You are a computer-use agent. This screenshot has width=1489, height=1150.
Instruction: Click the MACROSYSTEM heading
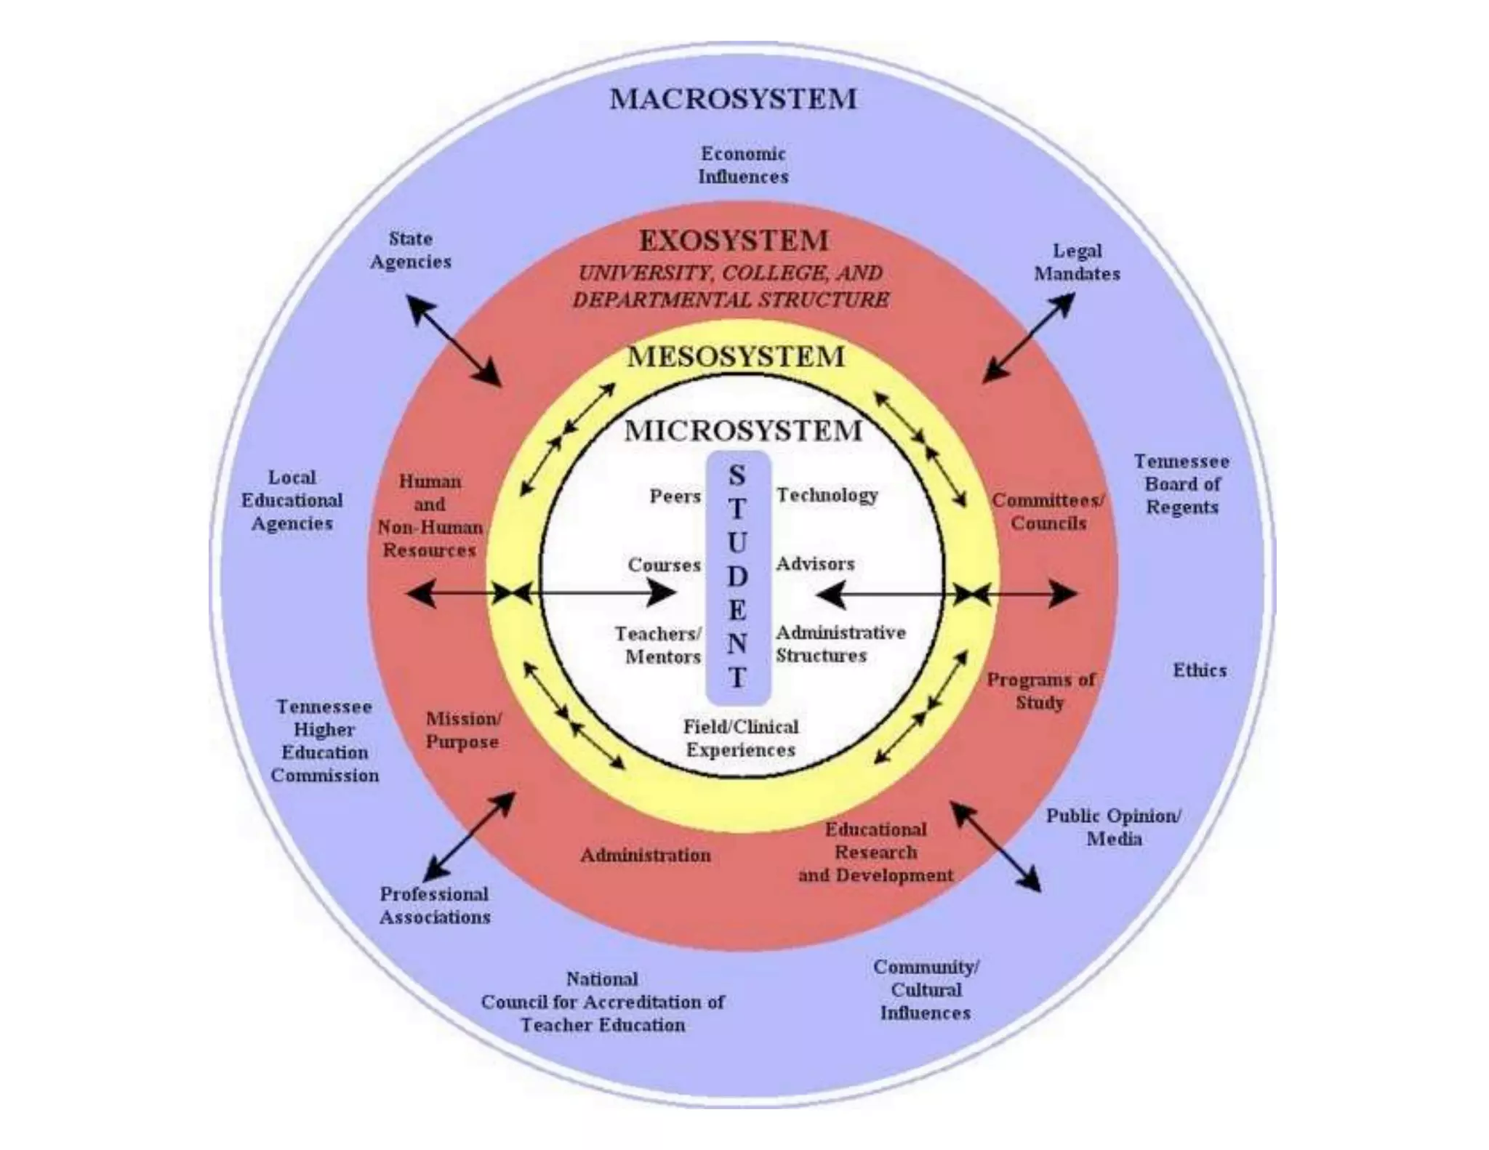733,100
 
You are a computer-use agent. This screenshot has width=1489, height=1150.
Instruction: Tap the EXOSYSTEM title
734,241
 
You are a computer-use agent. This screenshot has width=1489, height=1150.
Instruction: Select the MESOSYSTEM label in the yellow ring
736,357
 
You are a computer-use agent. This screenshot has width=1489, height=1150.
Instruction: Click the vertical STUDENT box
737,577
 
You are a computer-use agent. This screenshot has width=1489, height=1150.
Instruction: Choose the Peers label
675,496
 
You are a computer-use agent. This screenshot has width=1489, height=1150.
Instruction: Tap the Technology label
827,495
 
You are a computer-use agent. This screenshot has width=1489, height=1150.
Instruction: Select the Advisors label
815,564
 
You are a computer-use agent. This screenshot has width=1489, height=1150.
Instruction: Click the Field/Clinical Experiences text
740,738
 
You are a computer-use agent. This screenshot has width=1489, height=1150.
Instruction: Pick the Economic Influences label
743,165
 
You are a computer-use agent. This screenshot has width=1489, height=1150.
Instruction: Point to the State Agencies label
411,250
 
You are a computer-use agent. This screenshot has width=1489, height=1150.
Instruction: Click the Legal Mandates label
1077,262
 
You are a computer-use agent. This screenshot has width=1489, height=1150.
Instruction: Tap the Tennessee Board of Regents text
1181,484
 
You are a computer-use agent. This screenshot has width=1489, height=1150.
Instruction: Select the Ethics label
1199,670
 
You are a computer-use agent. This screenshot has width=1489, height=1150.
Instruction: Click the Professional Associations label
435,905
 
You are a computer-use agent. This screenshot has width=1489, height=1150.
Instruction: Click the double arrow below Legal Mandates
1028,338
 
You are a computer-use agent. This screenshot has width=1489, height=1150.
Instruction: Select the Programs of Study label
1040,691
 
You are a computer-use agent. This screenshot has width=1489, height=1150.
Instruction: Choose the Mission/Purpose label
463,730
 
